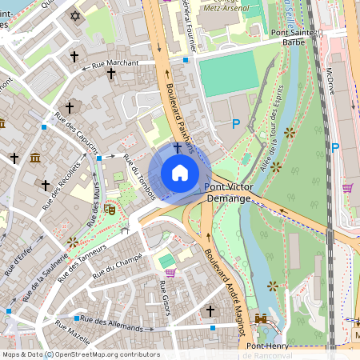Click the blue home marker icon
click(180, 173)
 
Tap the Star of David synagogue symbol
click(77, 16)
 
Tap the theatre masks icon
click(110, 209)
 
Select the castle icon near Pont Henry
click(260, 318)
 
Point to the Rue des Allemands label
click(112, 325)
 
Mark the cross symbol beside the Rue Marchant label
click(111, 73)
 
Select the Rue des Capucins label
click(77, 133)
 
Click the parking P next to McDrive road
click(335, 147)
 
